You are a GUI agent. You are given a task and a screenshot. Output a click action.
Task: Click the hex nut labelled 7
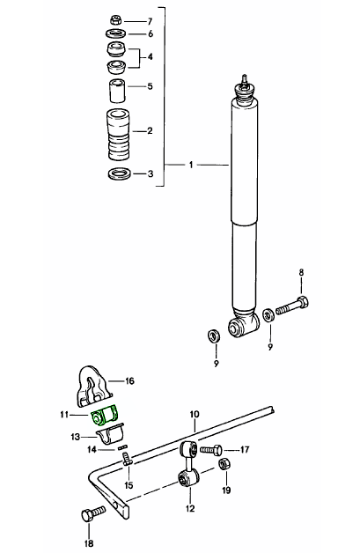[x=115, y=19]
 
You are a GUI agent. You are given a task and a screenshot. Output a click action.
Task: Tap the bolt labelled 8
[x=292, y=306]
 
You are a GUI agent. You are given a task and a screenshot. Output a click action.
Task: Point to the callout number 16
[x=129, y=381]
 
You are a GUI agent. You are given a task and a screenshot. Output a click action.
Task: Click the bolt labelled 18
[x=93, y=512]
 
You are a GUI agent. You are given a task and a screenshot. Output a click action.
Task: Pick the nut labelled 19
[x=224, y=464]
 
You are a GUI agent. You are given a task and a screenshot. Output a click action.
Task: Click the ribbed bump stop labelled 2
[x=118, y=134]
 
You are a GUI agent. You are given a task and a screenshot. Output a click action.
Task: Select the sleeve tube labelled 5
[x=117, y=91]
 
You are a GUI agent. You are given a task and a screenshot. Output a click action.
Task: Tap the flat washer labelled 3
[x=119, y=173]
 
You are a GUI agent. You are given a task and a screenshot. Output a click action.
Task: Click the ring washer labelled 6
[x=116, y=33]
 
